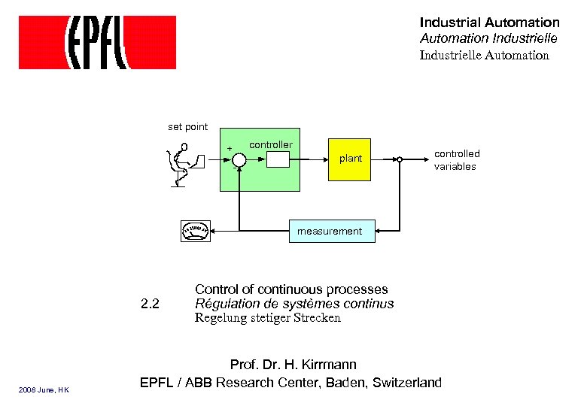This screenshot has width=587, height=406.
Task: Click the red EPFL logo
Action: (x=97, y=43)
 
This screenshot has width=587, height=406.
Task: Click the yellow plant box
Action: (x=350, y=159)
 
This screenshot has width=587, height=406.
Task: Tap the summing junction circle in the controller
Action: (x=239, y=159)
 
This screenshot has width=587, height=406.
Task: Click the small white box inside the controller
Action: (x=278, y=159)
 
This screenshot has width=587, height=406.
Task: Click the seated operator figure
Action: (x=181, y=165)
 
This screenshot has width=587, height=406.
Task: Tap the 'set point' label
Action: (x=187, y=127)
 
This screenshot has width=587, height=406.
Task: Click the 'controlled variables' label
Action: (x=456, y=160)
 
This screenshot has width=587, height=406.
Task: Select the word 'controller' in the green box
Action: (x=271, y=144)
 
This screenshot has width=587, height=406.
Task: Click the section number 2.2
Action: (x=151, y=304)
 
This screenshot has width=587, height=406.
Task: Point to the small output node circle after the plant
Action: (x=400, y=159)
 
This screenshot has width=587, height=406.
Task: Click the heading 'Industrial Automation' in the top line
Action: (x=489, y=23)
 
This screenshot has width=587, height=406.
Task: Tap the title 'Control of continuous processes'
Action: (x=291, y=289)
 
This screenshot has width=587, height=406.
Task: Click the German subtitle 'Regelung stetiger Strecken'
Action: (x=268, y=318)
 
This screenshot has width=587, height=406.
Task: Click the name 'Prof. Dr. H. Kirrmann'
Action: (x=293, y=365)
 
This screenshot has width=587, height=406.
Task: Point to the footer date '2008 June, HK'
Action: (x=44, y=389)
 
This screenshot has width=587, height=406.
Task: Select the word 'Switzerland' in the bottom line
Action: (x=407, y=383)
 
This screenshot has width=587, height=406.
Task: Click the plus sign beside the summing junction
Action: (x=230, y=149)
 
